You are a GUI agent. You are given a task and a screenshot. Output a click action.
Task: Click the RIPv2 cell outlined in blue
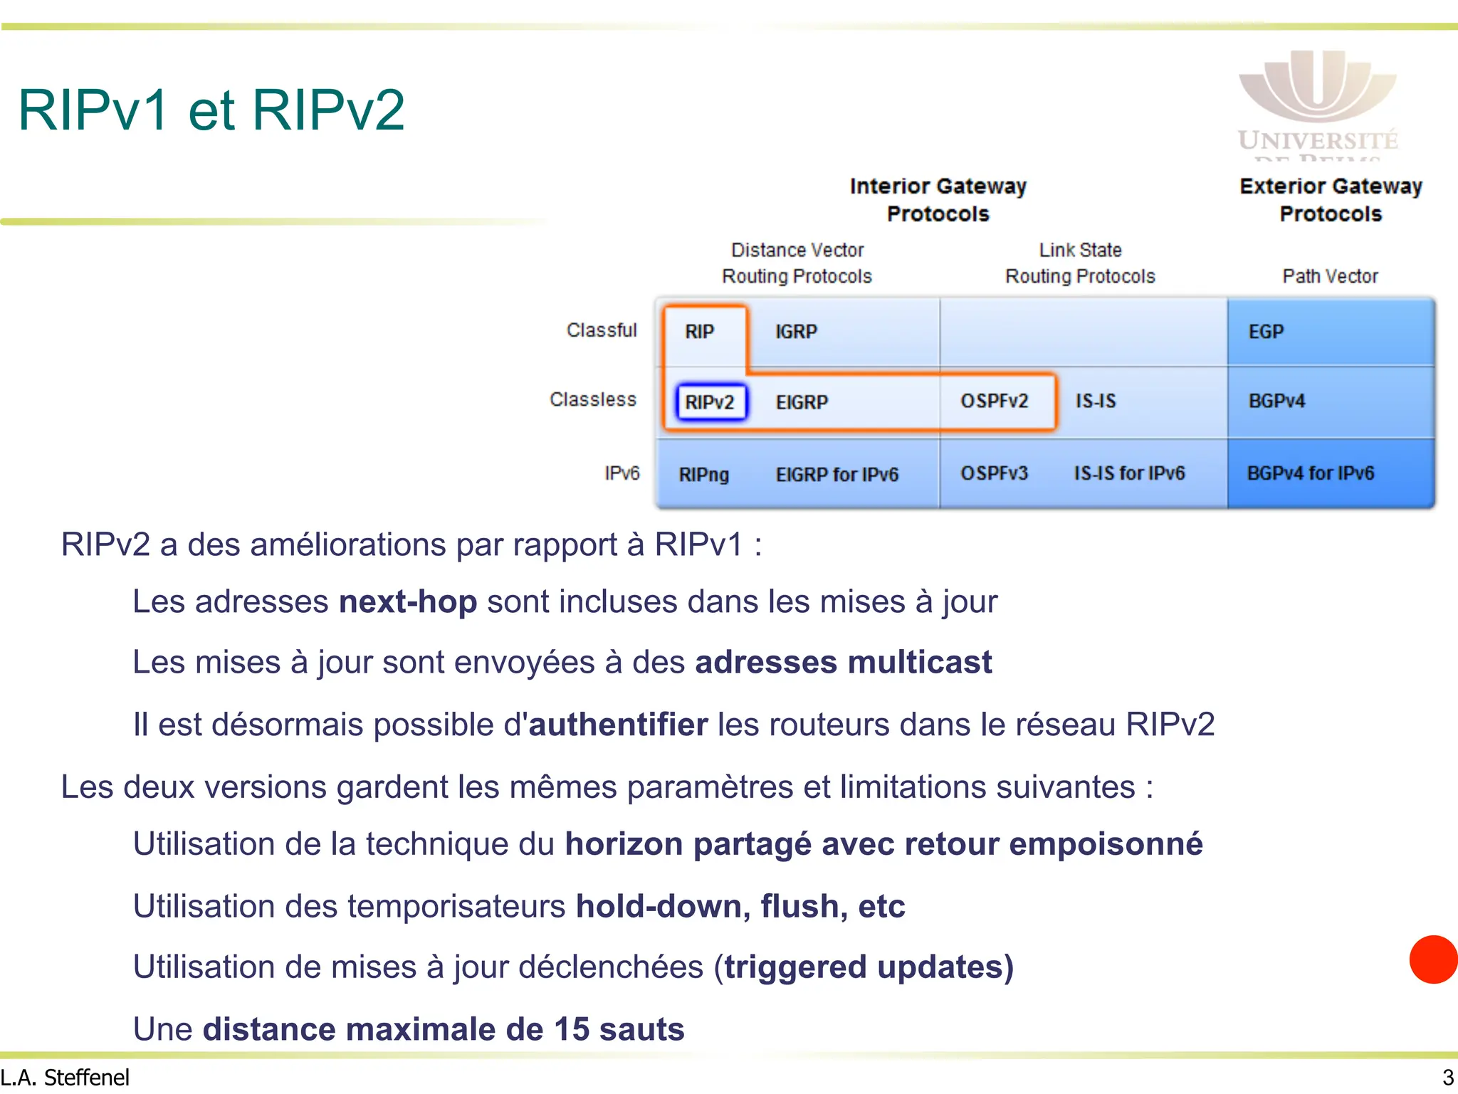(710, 402)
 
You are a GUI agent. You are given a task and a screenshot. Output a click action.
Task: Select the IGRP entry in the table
(796, 332)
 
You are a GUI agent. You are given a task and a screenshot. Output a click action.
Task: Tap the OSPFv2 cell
(995, 401)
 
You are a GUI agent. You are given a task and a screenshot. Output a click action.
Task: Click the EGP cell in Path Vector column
(1266, 332)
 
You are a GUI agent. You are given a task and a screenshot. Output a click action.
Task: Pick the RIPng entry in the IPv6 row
(703, 475)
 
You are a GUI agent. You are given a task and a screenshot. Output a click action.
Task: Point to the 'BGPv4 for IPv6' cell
(1310, 473)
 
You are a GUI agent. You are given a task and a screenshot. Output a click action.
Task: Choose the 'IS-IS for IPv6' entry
(1129, 473)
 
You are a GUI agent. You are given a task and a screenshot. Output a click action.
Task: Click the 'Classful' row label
(602, 330)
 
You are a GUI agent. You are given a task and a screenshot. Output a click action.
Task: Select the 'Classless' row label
(593, 399)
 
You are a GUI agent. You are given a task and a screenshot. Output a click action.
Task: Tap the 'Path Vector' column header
(1330, 276)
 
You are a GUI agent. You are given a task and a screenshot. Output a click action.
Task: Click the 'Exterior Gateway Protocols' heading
(1330, 200)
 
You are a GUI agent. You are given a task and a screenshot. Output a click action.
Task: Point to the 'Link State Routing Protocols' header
(1080, 263)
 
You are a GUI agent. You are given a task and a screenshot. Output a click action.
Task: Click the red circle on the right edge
(1434, 959)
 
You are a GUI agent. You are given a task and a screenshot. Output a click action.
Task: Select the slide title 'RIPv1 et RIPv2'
(211, 110)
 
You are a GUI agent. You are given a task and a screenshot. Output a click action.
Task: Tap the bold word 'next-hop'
(408, 601)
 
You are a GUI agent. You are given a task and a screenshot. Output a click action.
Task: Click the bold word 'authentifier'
(618, 725)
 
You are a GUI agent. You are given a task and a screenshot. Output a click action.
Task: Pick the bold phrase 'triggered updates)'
(869, 967)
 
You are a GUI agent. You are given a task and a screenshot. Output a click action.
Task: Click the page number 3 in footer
(1447, 1078)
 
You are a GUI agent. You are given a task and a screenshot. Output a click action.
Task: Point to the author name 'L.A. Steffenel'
(65, 1078)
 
